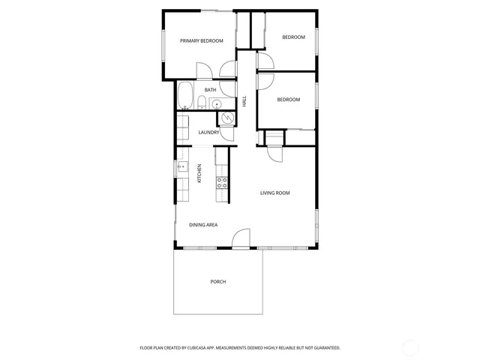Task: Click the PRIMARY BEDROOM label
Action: tap(202, 40)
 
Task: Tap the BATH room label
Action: tap(210, 90)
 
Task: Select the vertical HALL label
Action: tap(244, 101)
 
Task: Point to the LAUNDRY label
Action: tap(209, 133)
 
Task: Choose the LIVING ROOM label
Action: tap(274, 193)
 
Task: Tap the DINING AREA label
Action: tap(203, 225)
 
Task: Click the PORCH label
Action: tap(218, 282)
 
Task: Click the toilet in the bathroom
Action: tap(202, 103)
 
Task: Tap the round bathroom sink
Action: tap(216, 104)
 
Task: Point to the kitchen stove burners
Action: tap(222, 181)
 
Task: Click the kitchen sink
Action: tap(180, 169)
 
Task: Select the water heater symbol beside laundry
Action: tap(225, 118)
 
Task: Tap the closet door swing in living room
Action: tap(274, 154)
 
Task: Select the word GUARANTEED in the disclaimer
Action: tap(325, 348)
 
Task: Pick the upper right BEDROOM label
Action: tap(293, 37)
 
